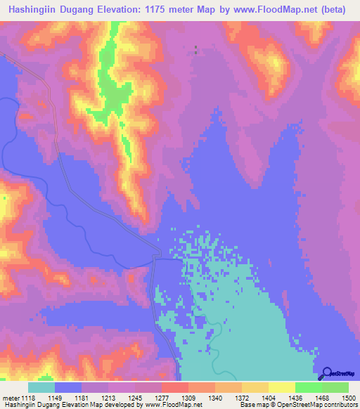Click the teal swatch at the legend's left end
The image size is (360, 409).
(x=41, y=388)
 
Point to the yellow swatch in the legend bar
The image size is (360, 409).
(x=282, y=388)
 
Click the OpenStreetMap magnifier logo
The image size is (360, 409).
(x=326, y=373)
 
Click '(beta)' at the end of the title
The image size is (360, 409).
(x=337, y=9)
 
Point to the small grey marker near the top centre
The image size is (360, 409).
(x=195, y=50)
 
